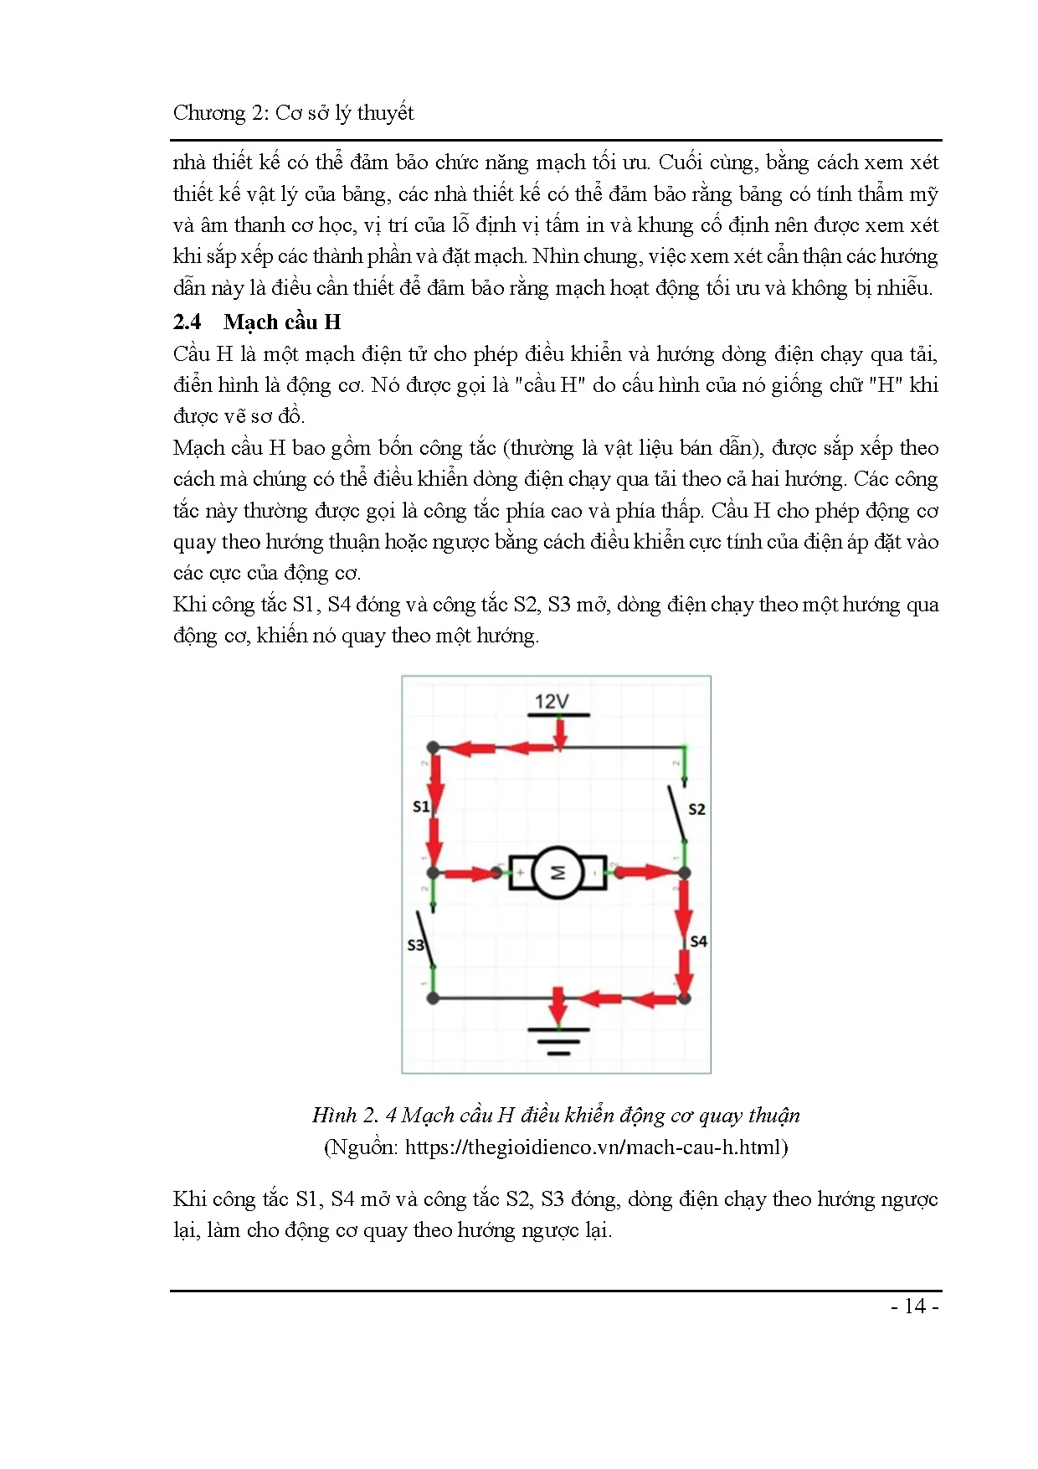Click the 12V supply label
click(552, 701)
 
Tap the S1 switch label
click(421, 807)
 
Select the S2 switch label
click(696, 809)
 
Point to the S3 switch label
click(415, 945)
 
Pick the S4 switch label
click(698, 941)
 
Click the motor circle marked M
click(558, 873)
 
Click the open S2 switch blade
click(677, 812)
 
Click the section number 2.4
click(187, 322)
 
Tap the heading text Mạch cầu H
click(282, 322)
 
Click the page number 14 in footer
click(915, 1307)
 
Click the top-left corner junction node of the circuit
click(433, 747)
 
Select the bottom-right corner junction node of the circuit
click(684, 998)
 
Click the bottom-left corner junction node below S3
click(433, 998)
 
